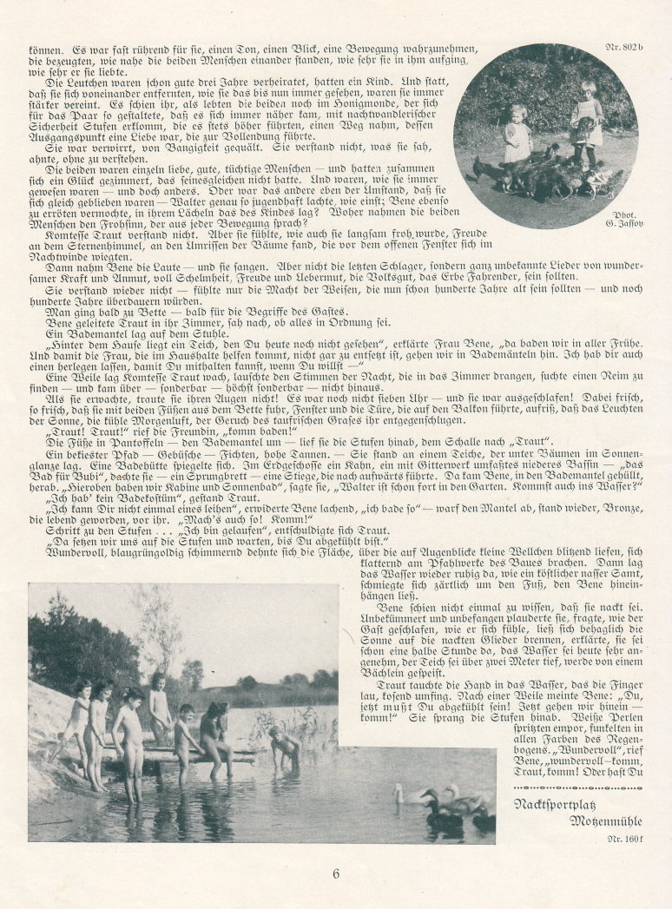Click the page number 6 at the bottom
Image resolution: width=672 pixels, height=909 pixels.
click(336, 873)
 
